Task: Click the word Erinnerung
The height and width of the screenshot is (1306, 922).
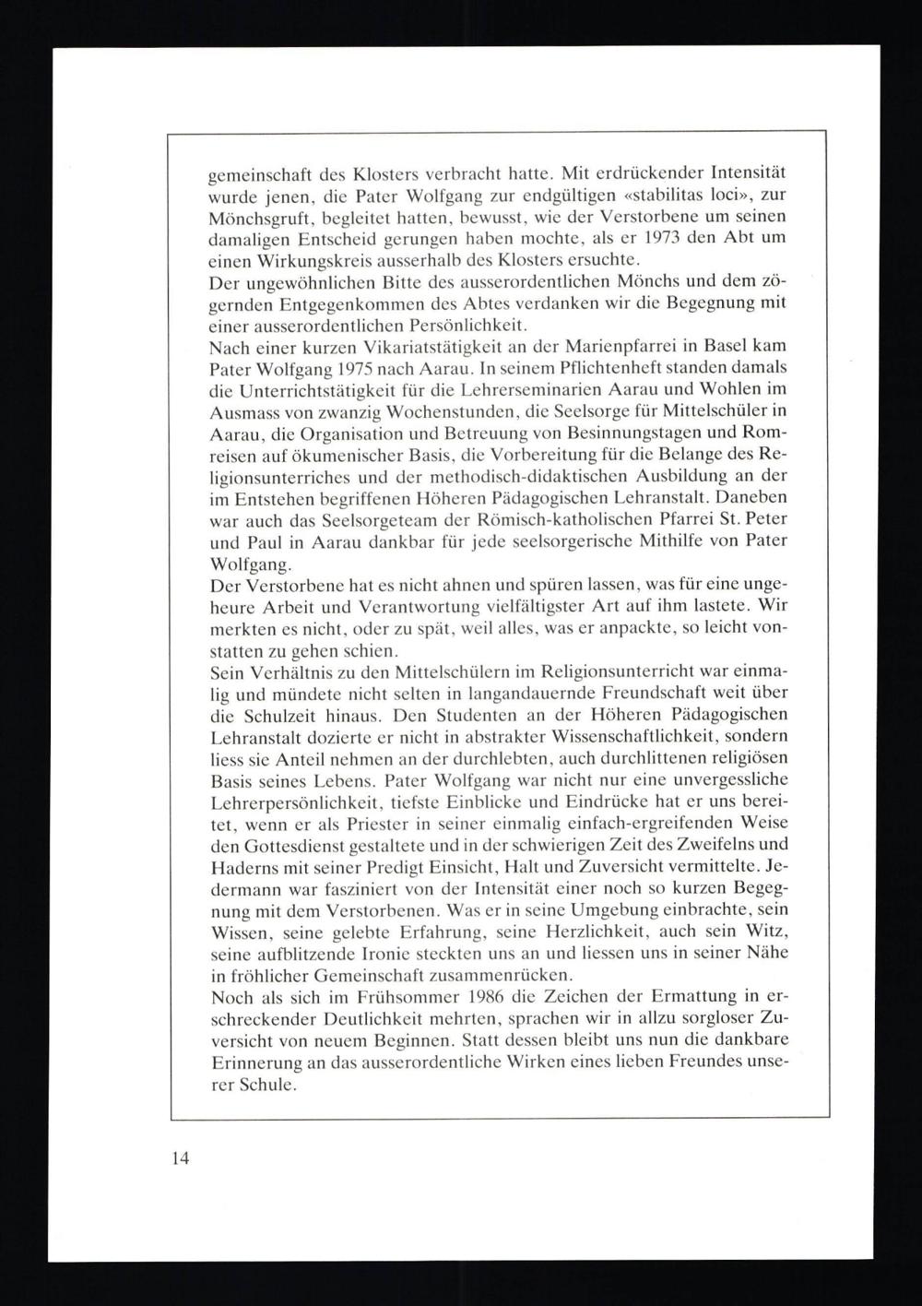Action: pyautogui.click(x=254, y=1063)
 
